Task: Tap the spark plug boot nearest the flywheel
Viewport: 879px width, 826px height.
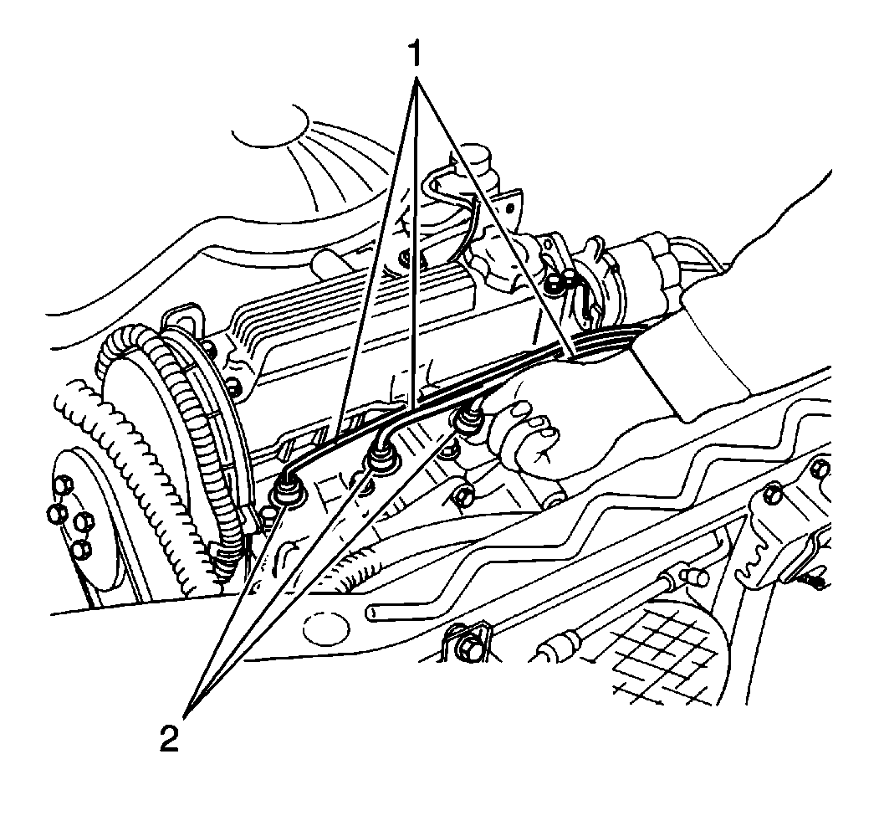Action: (287, 489)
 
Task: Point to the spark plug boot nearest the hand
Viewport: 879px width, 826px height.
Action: (467, 419)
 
